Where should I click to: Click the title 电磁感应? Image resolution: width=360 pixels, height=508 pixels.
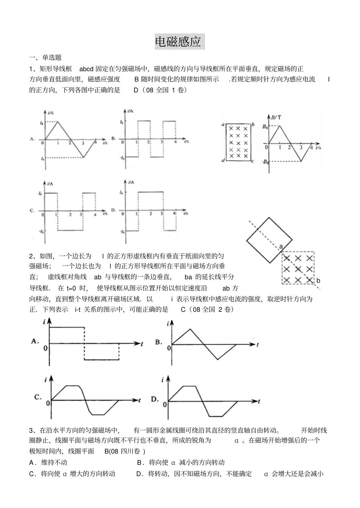(180, 42)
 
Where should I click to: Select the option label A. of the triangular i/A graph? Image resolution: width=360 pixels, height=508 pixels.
(33, 139)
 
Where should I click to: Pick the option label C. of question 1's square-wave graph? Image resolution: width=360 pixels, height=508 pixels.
(33, 211)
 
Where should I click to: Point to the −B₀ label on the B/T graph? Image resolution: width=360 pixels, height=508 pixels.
(265, 162)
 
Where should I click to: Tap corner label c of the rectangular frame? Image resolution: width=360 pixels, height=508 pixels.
(252, 161)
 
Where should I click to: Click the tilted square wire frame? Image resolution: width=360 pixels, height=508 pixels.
(269, 240)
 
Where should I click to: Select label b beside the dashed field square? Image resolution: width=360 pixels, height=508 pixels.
(318, 281)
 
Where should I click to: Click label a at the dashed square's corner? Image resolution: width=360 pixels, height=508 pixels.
(281, 247)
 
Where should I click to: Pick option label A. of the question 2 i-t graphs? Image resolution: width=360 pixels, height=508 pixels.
(35, 341)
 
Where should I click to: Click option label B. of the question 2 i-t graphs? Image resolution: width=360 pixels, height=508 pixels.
(159, 342)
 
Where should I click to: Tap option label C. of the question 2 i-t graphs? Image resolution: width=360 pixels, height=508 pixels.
(38, 397)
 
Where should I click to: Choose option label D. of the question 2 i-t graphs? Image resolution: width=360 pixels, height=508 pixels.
(155, 399)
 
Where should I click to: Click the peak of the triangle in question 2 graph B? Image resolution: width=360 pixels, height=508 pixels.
(188, 329)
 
